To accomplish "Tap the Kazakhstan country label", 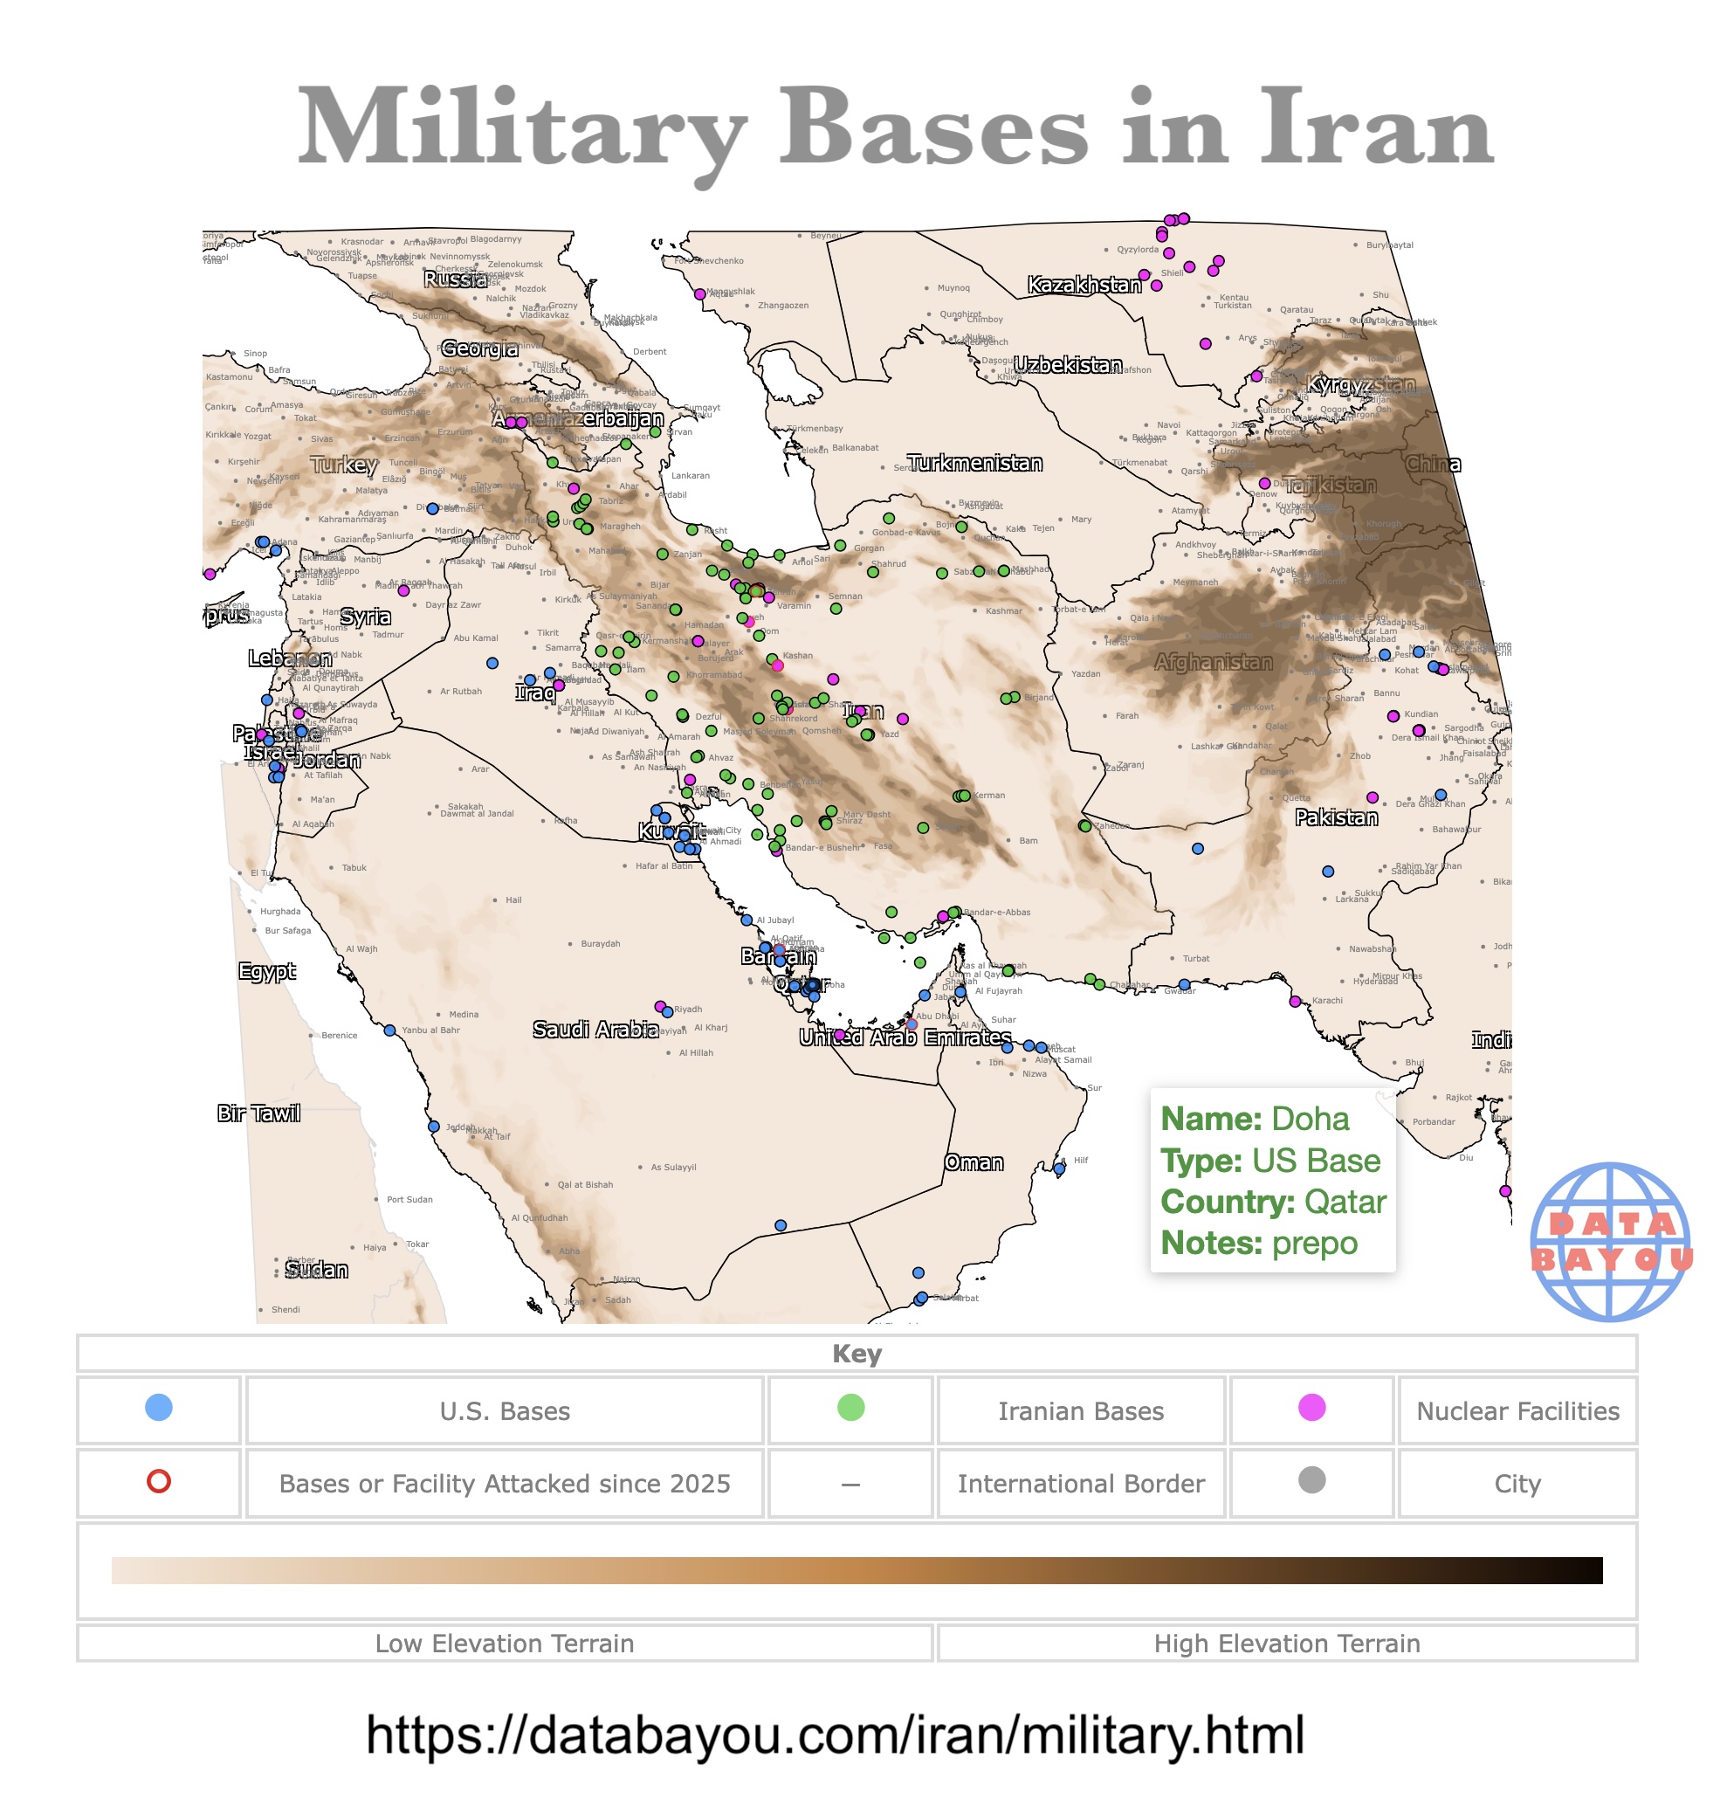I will tap(1084, 286).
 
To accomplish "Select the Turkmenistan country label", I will tap(974, 463).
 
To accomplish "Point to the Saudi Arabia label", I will tap(596, 1029).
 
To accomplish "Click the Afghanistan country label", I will tap(1213, 662).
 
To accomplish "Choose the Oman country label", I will tap(974, 1162).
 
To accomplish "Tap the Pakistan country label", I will tap(1336, 817).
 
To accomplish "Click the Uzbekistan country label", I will tap(1067, 365).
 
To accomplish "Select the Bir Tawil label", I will tap(258, 1113).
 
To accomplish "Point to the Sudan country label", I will tap(316, 1270).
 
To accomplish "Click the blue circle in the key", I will tap(159, 1408).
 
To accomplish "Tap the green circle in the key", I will tap(850, 1408).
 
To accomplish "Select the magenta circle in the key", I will tap(1312, 1408).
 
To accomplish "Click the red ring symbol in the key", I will tap(159, 1481).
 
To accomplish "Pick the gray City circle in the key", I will tap(1312, 1480).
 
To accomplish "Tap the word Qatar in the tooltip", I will tap(1345, 1201).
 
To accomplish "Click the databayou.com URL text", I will tap(835, 1735).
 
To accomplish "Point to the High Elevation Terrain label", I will tap(1286, 1644).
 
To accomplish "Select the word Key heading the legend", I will tap(857, 1354).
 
